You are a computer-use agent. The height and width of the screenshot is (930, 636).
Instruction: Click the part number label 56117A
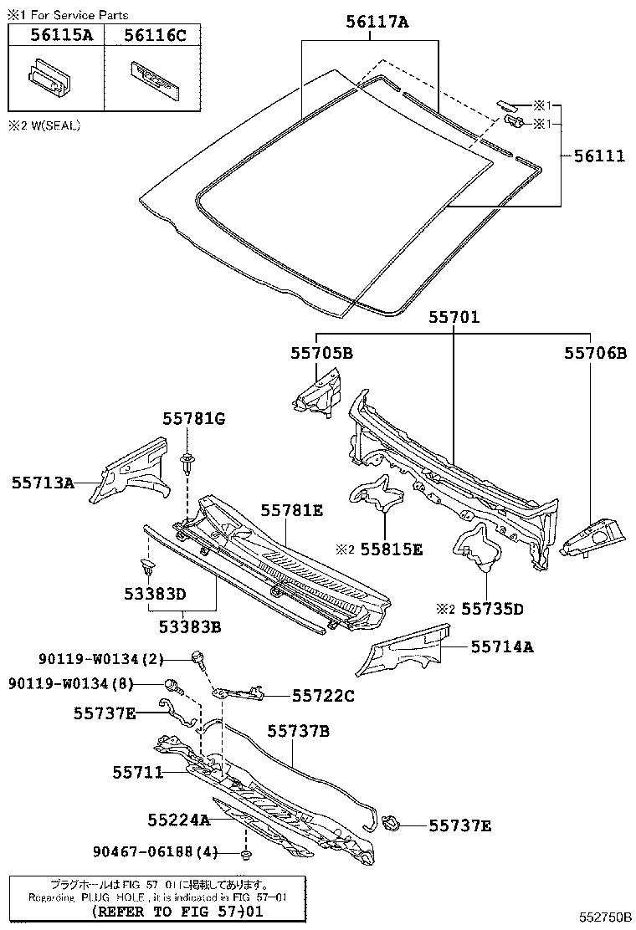[x=377, y=23]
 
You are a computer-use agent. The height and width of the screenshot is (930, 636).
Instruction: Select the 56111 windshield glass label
[x=599, y=156]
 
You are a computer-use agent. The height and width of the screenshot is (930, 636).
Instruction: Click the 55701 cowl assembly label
[x=454, y=318]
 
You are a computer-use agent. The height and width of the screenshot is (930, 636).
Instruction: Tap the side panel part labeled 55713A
[x=129, y=472]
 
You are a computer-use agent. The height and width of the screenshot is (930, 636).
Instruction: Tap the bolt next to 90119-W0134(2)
[x=198, y=657]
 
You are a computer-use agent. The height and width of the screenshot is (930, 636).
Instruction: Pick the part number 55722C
[x=323, y=695]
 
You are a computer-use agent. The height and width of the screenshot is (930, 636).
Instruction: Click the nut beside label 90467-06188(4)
[x=246, y=855]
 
